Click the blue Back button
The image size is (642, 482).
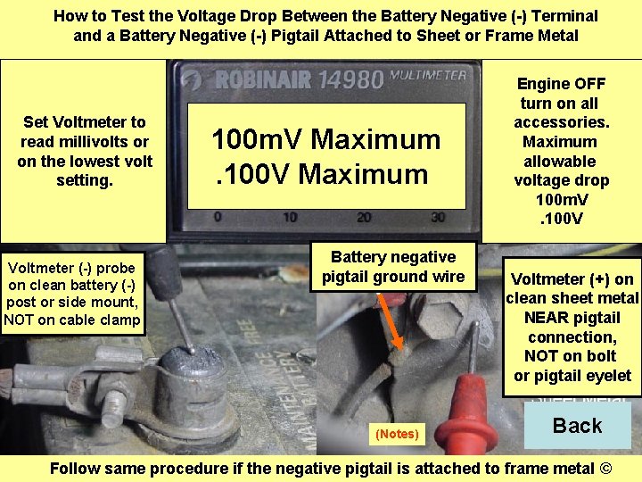point(577,426)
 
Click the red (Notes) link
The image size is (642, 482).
point(397,434)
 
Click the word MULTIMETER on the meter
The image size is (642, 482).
point(427,76)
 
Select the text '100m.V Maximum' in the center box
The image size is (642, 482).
point(325,139)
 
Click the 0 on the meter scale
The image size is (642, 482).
point(218,217)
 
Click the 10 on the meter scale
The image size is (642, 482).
point(289,217)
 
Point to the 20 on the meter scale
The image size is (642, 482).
point(363,217)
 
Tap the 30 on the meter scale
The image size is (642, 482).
point(436,217)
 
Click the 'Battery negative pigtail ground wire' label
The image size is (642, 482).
point(393,267)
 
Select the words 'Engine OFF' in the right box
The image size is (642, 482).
point(562,84)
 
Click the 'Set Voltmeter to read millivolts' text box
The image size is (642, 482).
point(85,151)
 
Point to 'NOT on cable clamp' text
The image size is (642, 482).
point(72,320)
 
